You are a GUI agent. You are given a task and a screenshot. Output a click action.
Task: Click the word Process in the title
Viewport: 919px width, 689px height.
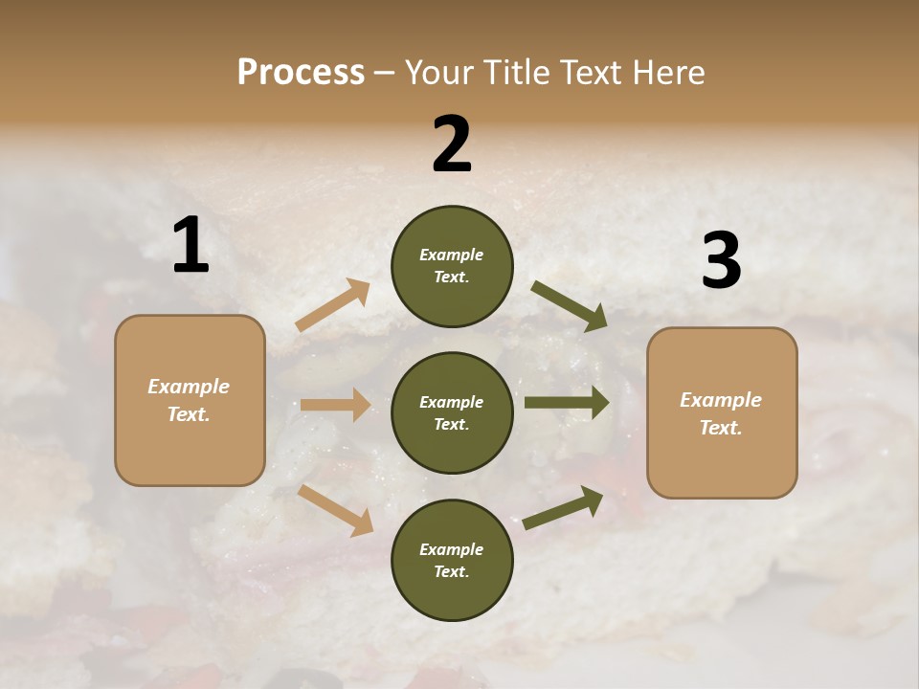point(301,72)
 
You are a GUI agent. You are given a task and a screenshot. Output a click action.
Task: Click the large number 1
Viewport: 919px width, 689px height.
point(191,245)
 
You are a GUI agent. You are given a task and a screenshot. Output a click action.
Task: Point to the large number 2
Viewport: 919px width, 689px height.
point(452,144)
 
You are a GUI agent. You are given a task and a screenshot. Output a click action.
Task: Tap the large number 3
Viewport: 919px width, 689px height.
point(721,261)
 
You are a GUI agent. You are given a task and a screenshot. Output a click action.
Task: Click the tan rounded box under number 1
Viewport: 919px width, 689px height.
point(190,401)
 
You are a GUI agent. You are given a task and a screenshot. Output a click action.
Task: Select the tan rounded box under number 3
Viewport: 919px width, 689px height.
point(722,413)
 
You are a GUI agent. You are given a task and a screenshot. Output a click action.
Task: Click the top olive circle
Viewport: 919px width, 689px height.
point(452,266)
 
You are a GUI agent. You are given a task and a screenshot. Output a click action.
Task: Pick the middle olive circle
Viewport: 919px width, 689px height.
point(452,412)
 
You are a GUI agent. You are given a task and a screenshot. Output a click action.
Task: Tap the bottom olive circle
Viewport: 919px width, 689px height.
point(452,560)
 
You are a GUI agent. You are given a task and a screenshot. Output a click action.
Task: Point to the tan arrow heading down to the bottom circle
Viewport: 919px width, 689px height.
point(336,510)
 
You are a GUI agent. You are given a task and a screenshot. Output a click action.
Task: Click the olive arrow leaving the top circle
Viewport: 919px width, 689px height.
point(569,305)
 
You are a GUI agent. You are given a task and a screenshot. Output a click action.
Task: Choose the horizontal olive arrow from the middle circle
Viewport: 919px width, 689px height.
point(566,403)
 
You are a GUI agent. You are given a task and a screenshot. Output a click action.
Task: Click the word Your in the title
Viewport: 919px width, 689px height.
point(436,72)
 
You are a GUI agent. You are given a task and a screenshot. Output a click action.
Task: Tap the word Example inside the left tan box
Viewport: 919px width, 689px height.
point(189,387)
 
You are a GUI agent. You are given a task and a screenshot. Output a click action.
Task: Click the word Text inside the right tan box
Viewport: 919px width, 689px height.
point(721,428)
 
